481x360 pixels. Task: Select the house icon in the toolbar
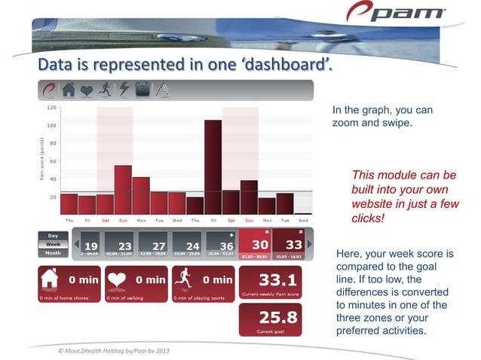pyautogui.click(x=69, y=90)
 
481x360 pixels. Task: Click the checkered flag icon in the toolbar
pyautogui.click(x=161, y=90)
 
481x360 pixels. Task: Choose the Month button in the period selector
pyautogui.click(x=53, y=253)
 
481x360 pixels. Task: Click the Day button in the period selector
pyautogui.click(x=53, y=236)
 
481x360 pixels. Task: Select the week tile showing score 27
pyautogui.click(x=154, y=245)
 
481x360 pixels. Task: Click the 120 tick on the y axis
pyautogui.click(x=51, y=108)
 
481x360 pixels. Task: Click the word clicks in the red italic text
pyautogui.click(x=368, y=217)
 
